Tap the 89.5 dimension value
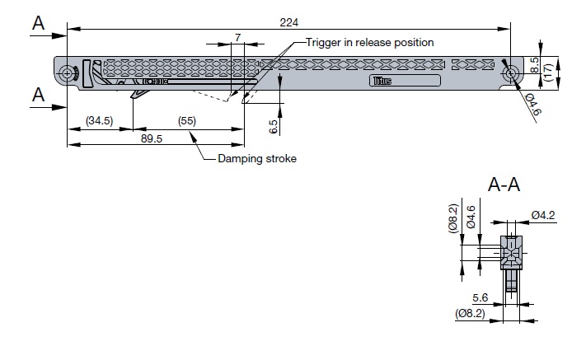click(x=151, y=138)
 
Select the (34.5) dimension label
click(x=99, y=121)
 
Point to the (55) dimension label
click(x=189, y=121)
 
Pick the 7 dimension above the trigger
click(x=237, y=38)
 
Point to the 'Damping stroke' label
click(x=256, y=159)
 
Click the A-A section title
click(x=504, y=185)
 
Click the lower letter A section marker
click(x=37, y=95)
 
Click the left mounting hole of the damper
click(x=66, y=73)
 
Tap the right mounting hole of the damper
click(x=512, y=73)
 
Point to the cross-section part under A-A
click(x=511, y=255)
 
